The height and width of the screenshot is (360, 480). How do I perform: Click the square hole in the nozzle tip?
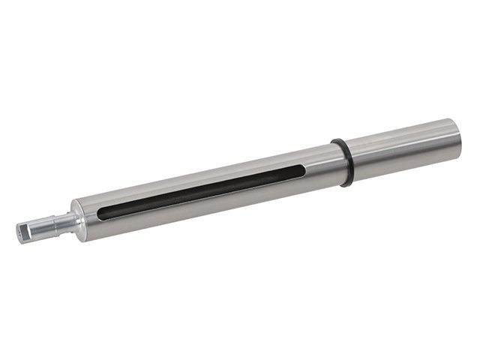click(x=20, y=233)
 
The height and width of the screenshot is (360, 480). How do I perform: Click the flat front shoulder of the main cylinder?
click(x=77, y=217)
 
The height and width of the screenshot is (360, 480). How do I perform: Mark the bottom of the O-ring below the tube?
click(x=346, y=183)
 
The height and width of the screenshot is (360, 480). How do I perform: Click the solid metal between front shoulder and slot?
click(x=88, y=217)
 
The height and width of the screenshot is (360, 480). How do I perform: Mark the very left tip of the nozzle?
click(x=16, y=234)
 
